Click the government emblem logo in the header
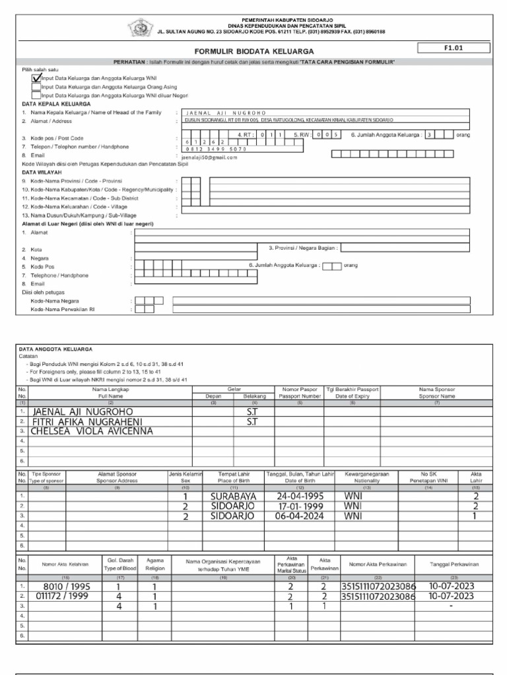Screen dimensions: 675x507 pyautogui.click(x=139, y=27)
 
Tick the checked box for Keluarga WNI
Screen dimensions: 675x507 pyautogui.click(x=36, y=77)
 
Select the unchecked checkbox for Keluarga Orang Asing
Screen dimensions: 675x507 pyautogui.click(x=36, y=86)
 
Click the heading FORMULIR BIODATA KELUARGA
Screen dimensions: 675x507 pyautogui.click(x=245, y=50)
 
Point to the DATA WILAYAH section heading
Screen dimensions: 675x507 pyautogui.click(x=42, y=172)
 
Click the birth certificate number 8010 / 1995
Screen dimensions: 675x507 pyautogui.click(x=66, y=586)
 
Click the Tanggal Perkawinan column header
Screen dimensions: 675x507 pyautogui.click(x=454, y=564)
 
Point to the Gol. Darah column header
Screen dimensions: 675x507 pyautogui.click(x=119, y=564)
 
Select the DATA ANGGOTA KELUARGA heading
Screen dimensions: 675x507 pyautogui.click(x=55, y=349)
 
